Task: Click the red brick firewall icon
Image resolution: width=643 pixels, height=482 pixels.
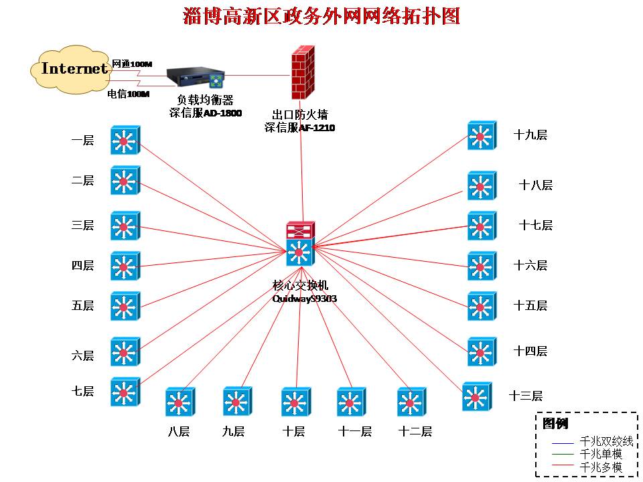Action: click(x=303, y=74)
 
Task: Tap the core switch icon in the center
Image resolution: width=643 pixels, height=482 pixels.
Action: click(x=299, y=245)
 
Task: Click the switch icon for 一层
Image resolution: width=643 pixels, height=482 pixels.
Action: click(x=125, y=140)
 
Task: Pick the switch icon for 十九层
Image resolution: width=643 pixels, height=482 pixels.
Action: click(x=481, y=135)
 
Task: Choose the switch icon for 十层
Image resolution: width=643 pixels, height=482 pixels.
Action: click(x=295, y=402)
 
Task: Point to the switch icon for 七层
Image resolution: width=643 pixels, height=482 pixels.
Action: click(x=125, y=392)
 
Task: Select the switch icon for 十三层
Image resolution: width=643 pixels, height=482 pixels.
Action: click(x=476, y=396)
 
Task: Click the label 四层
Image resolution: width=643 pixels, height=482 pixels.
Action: click(x=83, y=266)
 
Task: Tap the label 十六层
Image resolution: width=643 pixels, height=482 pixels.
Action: click(x=530, y=266)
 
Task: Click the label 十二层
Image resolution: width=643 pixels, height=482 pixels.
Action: click(x=415, y=432)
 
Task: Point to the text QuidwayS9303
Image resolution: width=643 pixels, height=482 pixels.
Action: click(x=304, y=299)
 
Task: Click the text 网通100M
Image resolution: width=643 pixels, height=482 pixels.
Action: click(x=132, y=64)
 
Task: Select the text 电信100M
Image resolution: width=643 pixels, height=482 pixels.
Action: click(x=128, y=94)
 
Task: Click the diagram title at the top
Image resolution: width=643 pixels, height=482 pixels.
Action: click(x=321, y=16)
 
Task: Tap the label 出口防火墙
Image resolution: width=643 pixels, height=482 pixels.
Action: click(x=299, y=115)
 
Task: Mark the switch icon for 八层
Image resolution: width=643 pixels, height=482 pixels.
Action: click(x=179, y=402)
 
